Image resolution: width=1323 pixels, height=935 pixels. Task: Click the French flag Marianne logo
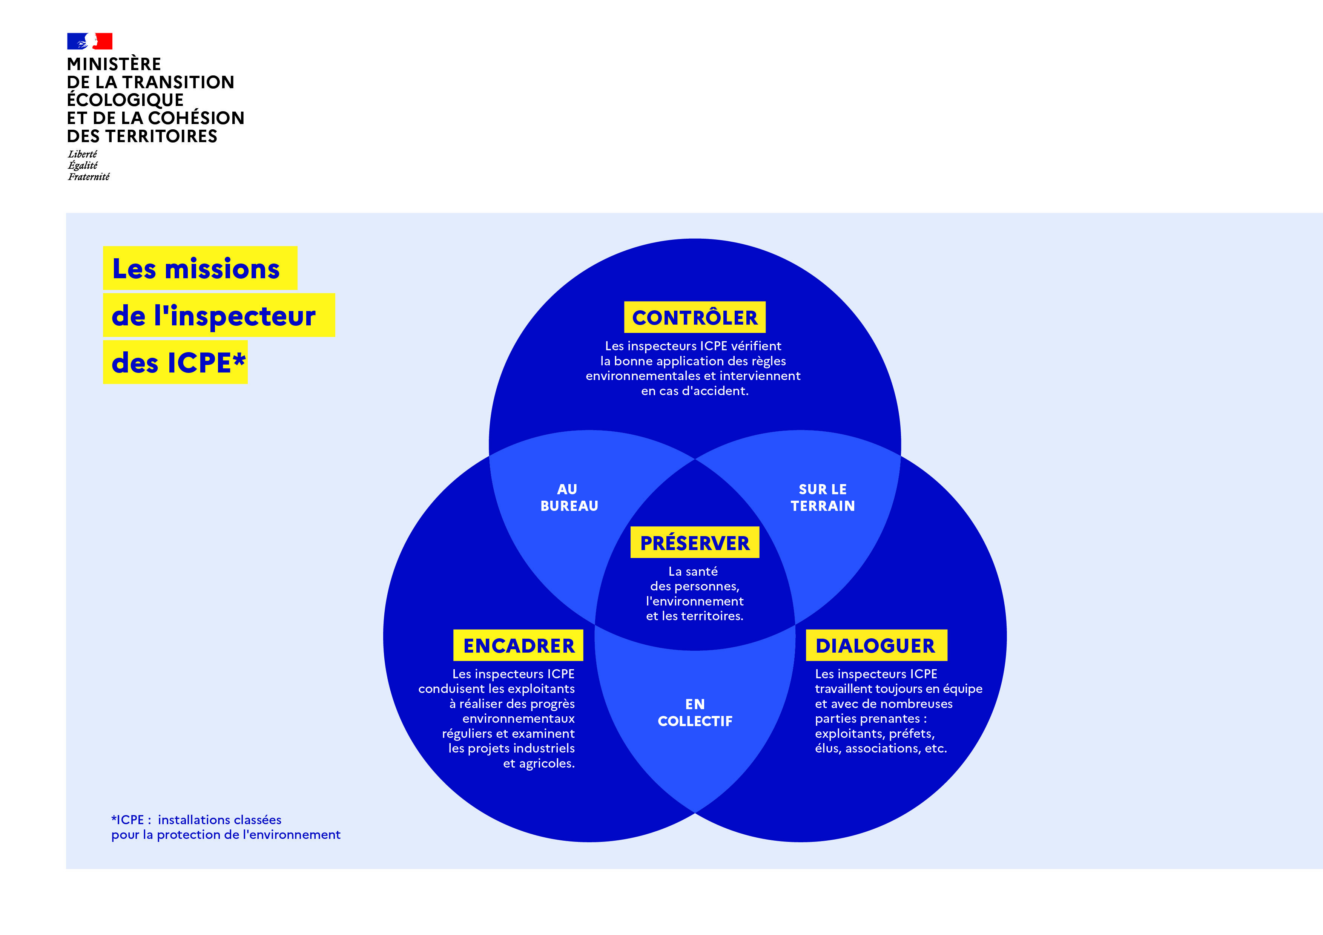pos(89,41)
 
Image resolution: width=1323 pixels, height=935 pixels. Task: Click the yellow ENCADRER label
pos(518,645)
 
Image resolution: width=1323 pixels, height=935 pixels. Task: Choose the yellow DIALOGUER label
pos(876,645)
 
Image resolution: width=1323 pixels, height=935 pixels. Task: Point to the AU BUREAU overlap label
pos(569,498)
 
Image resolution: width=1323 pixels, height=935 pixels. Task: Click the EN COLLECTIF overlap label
pos(695,713)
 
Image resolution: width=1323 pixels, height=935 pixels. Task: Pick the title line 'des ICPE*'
pos(175,362)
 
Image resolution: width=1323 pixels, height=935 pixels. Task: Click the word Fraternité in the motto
pos(89,177)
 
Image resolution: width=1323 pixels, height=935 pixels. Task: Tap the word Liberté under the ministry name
pos(82,154)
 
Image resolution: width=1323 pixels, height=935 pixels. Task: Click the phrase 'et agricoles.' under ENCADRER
pos(539,763)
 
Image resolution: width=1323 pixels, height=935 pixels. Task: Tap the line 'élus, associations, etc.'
pos(881,748)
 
